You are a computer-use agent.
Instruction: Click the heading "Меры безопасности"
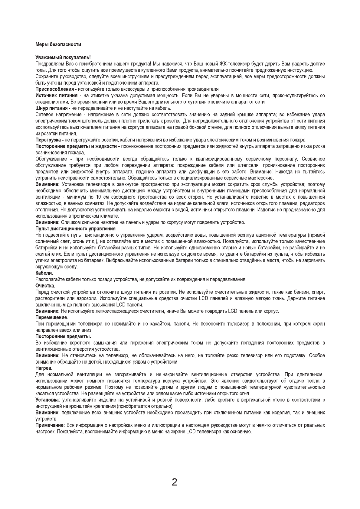click(58, 45)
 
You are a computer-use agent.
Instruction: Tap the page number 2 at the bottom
click(174, 482)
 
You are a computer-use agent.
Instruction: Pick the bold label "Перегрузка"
click(48, 140)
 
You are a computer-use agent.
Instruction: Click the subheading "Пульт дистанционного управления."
click(76, 229)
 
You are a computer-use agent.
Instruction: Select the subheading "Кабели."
click(44, 273)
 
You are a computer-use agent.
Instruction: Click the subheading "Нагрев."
click(44, 368)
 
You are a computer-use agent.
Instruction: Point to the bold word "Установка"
click(47, 400)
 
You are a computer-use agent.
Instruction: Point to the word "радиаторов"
click(313, 203)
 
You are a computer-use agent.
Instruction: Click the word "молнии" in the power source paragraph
click(100, 102)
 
